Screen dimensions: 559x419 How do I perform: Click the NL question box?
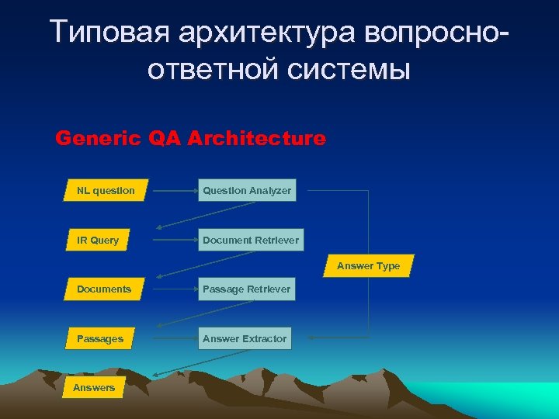pyautogui.click(x=106, y=190)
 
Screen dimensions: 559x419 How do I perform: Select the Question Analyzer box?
pyautogui.click(x=247, y=190)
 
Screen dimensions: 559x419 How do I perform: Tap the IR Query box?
pyautogui.click(x=98, y=240)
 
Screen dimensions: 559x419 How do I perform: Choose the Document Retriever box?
pyautogui.click(x=250, y=240)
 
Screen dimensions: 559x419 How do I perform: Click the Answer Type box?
pyautogui.click(x=368, y=266)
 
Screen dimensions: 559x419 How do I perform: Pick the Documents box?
pyautogui.click(x=104, y=289)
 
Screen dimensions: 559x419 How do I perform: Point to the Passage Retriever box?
pyautogui.click(x=246, y=289)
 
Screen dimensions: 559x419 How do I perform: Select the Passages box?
pyautogui.click(x=100, y=338)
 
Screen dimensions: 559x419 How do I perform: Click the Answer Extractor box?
pyautogui.click(x=245, y=338)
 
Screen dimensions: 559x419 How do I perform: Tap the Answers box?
pyautogui.click(x=94, y=387)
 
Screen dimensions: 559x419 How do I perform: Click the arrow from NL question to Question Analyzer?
pyautogui.click(x=173, y=190)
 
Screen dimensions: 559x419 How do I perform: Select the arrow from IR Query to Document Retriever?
pyautogui.click(x=173, y=240)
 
